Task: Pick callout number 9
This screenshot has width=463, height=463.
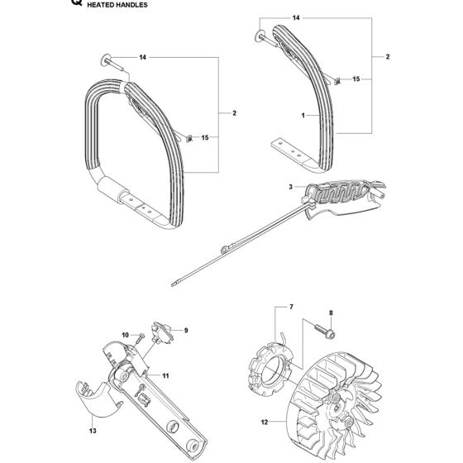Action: click(x=186, y=330)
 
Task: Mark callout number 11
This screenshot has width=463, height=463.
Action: click(x=165, y=376)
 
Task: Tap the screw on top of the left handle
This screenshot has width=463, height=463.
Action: click(x=112, y=61)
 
